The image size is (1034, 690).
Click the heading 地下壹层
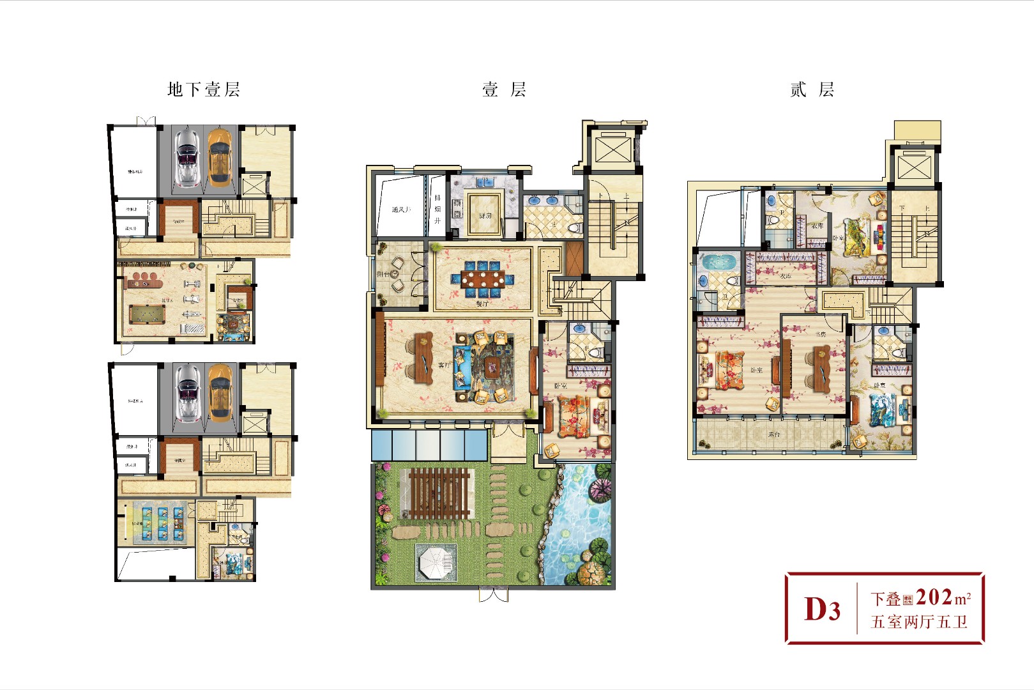[203, 89]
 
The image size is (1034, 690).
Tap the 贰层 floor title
[812, 89]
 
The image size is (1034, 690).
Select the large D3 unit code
[822, 609]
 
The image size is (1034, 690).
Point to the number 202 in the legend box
[934, 597]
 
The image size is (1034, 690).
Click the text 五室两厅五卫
[919, 622]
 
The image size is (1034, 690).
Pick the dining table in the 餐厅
[483, 279]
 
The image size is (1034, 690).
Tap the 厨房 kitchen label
[485, 216]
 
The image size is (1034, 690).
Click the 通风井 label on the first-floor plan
[401, 210]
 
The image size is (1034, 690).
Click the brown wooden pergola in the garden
[438, 493]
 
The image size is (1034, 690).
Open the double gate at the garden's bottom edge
[494, 595]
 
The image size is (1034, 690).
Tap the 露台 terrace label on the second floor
[773, 434]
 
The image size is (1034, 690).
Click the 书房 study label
[821, 334]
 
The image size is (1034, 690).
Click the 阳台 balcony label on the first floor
[383, 274]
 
